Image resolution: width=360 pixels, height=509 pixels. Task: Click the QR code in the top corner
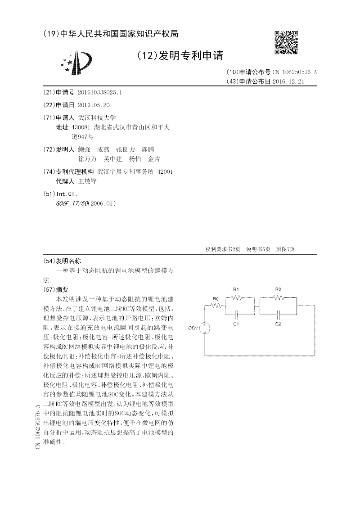(x=286, y=43)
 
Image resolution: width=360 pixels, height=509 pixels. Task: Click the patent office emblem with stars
(x=77, y=63)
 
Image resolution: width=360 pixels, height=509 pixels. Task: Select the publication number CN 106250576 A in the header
(x=295, y=72)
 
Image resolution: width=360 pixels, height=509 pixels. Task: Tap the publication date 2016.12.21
(x=288, y=81)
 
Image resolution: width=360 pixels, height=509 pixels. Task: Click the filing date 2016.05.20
(x=94, y=105)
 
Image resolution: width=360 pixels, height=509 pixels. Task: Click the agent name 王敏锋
(x=87, y=181)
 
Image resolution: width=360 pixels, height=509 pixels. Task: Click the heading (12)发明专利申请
(x=180, y=55)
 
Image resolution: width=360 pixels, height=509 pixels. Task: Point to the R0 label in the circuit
(x=216, y=298)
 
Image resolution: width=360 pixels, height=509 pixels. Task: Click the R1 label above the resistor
(x=236, y=289)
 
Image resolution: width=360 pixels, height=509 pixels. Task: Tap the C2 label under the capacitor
(x=278, y=324)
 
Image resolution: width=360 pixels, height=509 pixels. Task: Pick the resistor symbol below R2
(x=278, y=298)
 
